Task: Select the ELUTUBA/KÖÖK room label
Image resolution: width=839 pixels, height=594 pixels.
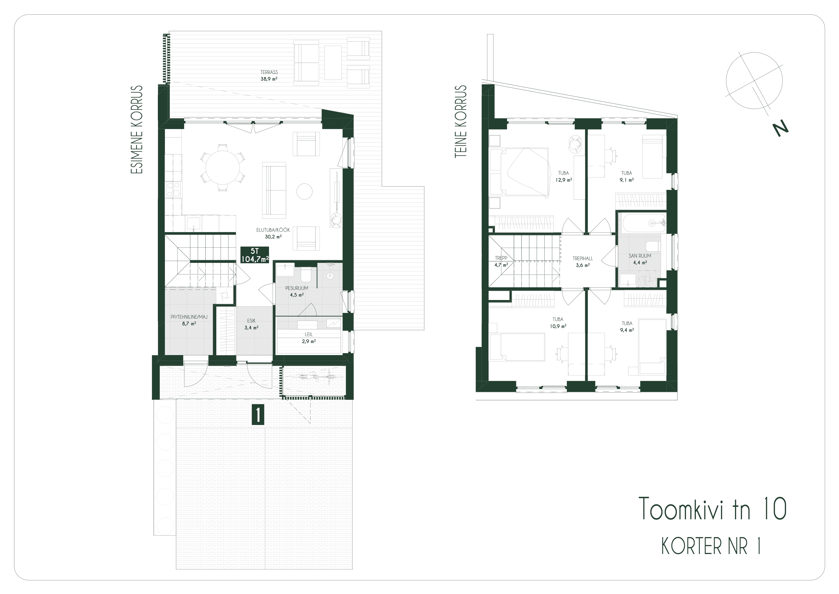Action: [273, 230]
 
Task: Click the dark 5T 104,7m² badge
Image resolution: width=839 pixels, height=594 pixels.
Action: [255, 255]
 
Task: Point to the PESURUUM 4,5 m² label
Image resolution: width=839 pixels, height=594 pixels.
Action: [297, 291]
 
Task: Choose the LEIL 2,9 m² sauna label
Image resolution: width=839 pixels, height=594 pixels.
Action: [309, 338]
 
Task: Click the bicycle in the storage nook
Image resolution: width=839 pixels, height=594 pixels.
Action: [315, 377]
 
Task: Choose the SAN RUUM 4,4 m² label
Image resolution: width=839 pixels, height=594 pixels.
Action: [640, 259]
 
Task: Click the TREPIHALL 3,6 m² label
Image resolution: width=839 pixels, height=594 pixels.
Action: [583, 261]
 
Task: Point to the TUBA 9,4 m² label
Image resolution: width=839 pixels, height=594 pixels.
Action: [627, 326]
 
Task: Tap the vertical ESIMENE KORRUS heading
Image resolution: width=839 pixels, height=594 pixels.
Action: [136, 130]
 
